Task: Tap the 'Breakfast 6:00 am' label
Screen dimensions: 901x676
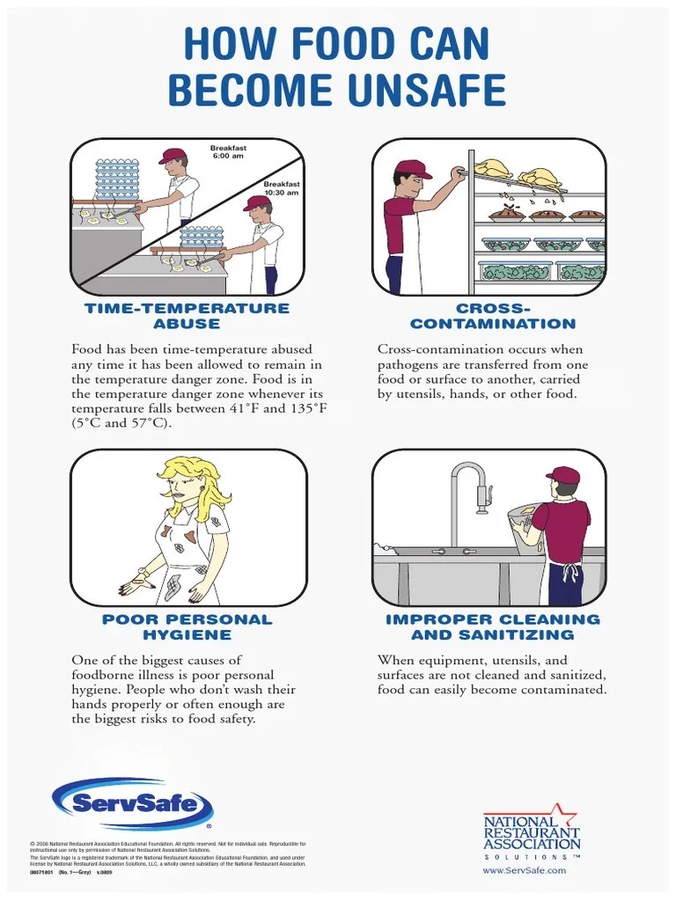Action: pyautogui.click(x=227, y=152)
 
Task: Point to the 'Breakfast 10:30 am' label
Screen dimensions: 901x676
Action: pyautogui.click(x=281, y=188)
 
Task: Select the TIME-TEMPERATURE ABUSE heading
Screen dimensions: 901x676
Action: pyautogui.click(x=187, y=316)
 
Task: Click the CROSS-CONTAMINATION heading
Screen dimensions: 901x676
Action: pyautogui.click(x=492, y=316)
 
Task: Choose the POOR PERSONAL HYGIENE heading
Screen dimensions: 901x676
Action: pyautogui.click(x=187, y=626)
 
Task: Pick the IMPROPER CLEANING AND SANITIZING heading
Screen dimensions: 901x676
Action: pyautogui.click(x=492, y=626)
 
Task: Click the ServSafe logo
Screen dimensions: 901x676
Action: pyautogui.click(x=132, y=803)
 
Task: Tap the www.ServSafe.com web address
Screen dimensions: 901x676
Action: pyautogui.click(x=525, y=870)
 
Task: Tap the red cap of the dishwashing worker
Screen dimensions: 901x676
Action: pyautogui.click(x=563, y=475)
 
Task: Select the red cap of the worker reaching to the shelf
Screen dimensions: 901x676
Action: pyautogui.click(x=411, y=169)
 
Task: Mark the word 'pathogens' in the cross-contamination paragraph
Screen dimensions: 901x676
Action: pyautogui.click(x=408, y=364)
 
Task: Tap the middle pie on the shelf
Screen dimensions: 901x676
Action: pyautogui.click(x=546, y=214)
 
